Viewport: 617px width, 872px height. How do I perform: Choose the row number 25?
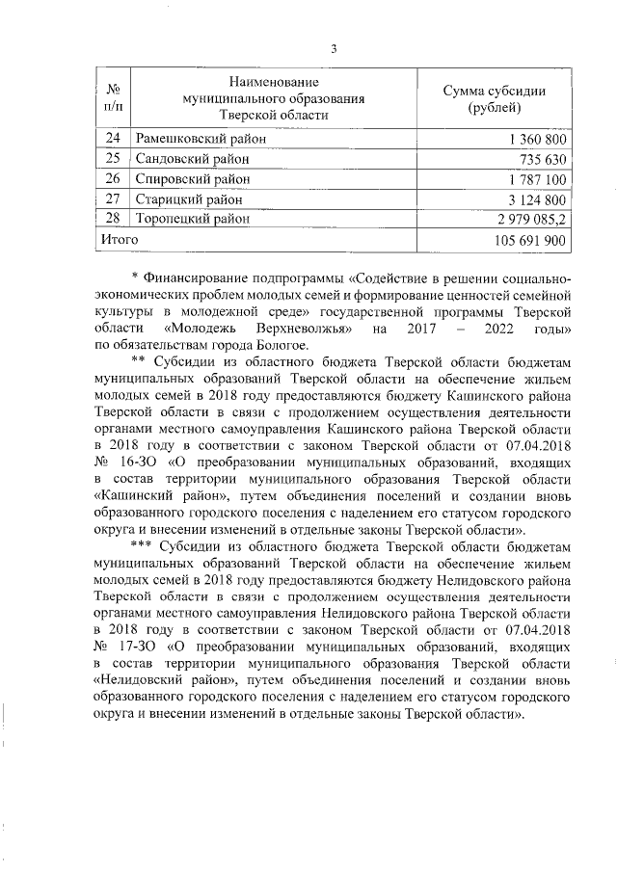[x=112, y=159]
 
